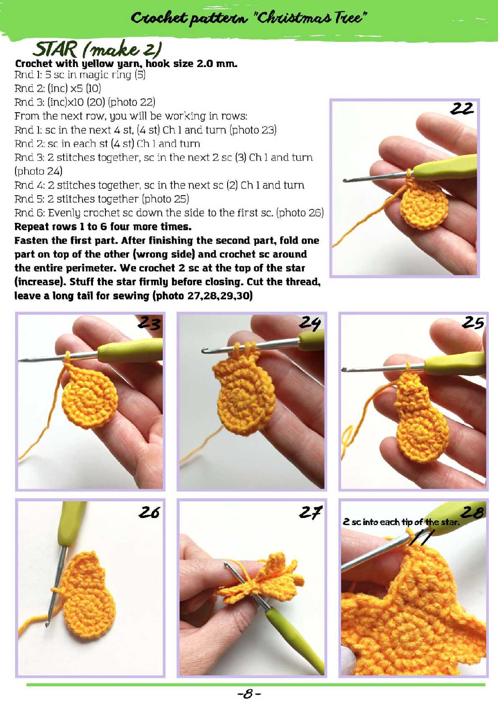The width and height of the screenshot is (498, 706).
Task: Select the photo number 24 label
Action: pyautogui.click(x=310, y=323)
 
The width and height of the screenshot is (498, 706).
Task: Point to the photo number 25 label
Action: pyautogui.click(x=473, y=323)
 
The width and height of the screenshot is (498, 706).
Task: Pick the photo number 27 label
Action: pyautogui.click(x=311, y=512)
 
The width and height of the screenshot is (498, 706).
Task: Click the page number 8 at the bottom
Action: pyautogui.click(x=249, y=694)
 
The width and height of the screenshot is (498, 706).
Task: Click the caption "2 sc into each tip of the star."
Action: pyautogui.click(x=401, y=522)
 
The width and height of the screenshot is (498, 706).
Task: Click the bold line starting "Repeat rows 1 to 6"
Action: pyautogui.click(x=103, y=227)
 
